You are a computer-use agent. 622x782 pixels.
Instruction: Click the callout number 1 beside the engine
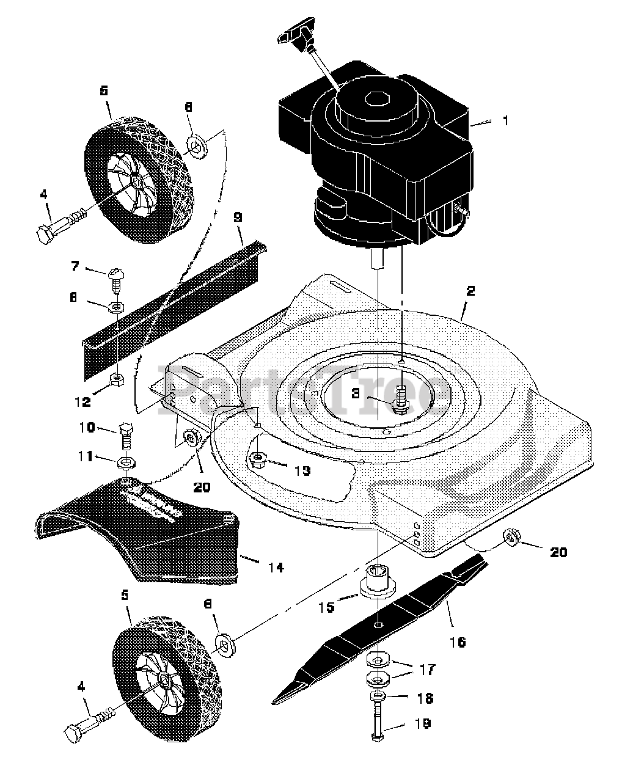(505, 121)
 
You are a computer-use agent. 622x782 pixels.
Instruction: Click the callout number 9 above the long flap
(238, 217)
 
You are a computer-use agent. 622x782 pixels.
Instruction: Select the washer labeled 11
(126, 459)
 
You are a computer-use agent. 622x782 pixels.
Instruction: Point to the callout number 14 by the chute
(275, 568)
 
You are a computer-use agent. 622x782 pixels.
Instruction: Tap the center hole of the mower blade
(378, 624)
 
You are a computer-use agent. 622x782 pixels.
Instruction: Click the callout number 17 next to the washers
(426, 670)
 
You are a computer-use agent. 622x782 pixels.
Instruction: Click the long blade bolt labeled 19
(378, 721)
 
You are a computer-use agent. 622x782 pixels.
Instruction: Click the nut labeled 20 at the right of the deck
(511, 538)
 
